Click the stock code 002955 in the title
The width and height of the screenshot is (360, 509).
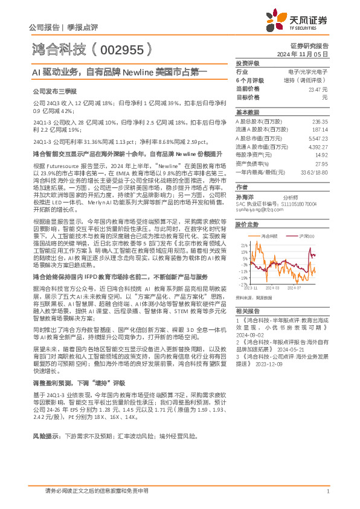(120, 48)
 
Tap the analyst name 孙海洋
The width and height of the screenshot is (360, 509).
(244, 197)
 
